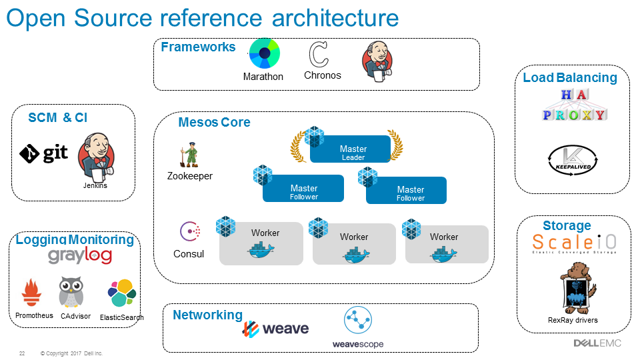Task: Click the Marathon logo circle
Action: [x=264, y=53]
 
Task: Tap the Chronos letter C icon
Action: [x=319, y=54]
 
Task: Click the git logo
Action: [x=44, y=154]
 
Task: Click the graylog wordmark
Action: [x=80, y=255]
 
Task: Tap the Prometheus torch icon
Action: [x=31, y=293]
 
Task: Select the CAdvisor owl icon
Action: [x=71, y=293]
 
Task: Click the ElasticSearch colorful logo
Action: [x=121, y=293]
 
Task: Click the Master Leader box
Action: [x=350, y=149]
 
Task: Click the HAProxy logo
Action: [x=573, y=105]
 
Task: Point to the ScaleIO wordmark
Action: [x=573, y=241]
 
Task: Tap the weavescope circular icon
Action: [x=357, y=321]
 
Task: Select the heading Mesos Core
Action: [x=214, y=123]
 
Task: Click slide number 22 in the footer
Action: [x=22, y=353]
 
